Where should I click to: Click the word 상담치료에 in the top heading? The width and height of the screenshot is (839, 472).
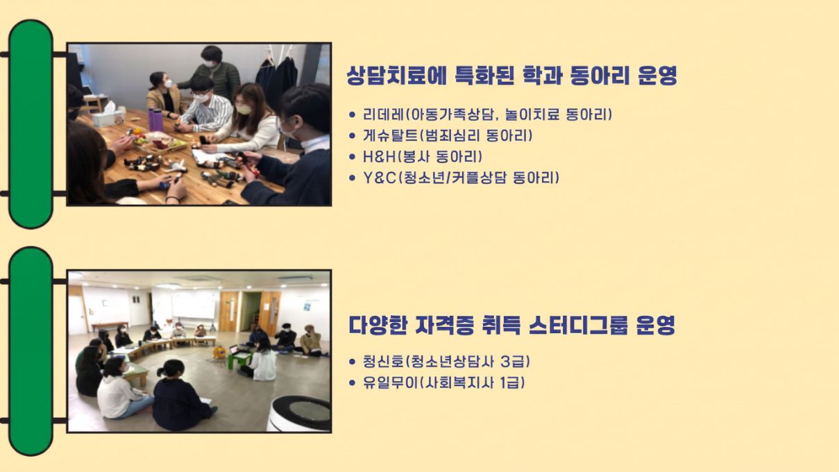tap(396, 76)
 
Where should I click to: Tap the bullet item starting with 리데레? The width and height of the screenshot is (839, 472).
tap(487, 115)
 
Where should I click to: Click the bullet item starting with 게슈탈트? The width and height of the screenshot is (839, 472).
tap(447, 135)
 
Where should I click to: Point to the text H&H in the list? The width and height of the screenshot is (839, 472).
tap(379, 157)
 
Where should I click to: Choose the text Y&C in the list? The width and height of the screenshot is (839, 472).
tap(379, 178)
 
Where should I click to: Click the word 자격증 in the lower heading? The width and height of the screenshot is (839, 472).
tap(446, 325)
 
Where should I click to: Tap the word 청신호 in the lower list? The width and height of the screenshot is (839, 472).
tap(383, 362)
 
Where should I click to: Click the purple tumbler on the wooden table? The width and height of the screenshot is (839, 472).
tap(156, 119)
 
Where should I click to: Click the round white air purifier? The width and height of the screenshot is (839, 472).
tap(299, 414)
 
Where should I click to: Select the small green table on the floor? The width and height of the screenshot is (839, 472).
tap(240, 357)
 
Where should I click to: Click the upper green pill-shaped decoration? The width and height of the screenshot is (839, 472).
tap(31, 124)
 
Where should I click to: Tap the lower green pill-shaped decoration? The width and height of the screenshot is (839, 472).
tap(31, 351)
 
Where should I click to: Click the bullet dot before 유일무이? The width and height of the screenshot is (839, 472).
tap(351, 383)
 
